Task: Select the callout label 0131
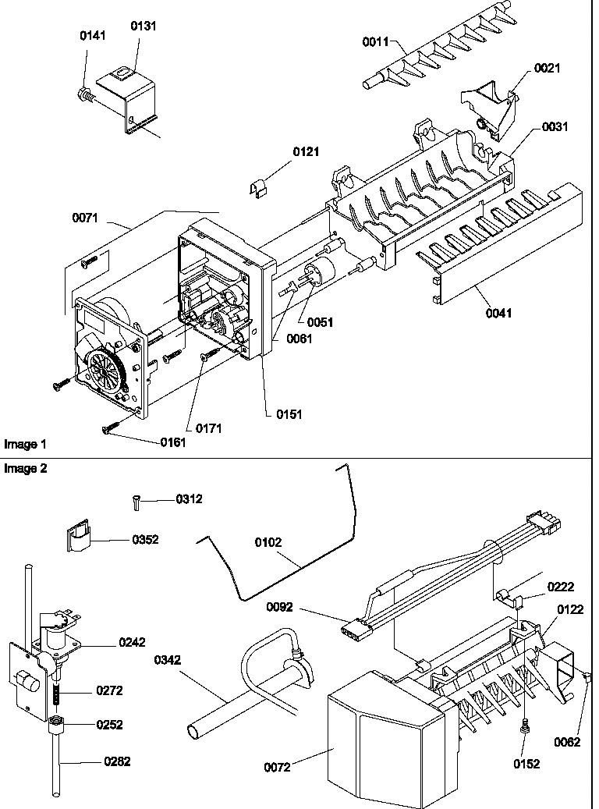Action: click(x=143, y=26)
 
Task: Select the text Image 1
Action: click(x=25, y=444)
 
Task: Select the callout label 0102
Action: click(x=269, y=541)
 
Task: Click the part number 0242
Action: click(x=132, y=643)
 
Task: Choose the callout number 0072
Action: click(x=277, y=768)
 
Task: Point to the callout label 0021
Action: click(x=547, y=69)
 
